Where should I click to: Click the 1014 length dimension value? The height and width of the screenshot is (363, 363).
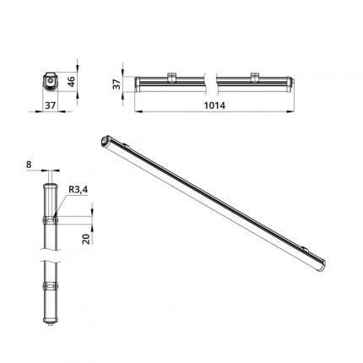click(214, 106)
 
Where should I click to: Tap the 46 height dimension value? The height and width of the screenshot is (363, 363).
click(72, 81)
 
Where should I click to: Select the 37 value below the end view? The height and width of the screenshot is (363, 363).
click(51, 106)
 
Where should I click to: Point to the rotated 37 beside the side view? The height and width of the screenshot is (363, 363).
click(116, 84)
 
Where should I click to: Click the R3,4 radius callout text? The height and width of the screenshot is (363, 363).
click(79, 190)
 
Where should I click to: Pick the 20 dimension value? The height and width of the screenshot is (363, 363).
click(87, 239)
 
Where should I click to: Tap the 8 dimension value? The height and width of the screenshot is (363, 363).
click(29, 165)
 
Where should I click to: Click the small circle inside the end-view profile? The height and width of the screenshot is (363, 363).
click(50, 81)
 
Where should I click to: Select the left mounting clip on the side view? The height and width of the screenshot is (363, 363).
click(171, 78)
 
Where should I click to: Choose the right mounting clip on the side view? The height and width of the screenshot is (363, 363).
click(255, 78)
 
